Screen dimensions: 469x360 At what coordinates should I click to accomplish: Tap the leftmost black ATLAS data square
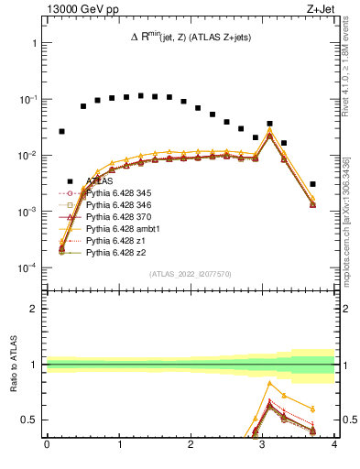tap(61, 131)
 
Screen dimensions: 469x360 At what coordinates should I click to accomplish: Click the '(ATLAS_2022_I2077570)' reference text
tap(190, 274)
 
